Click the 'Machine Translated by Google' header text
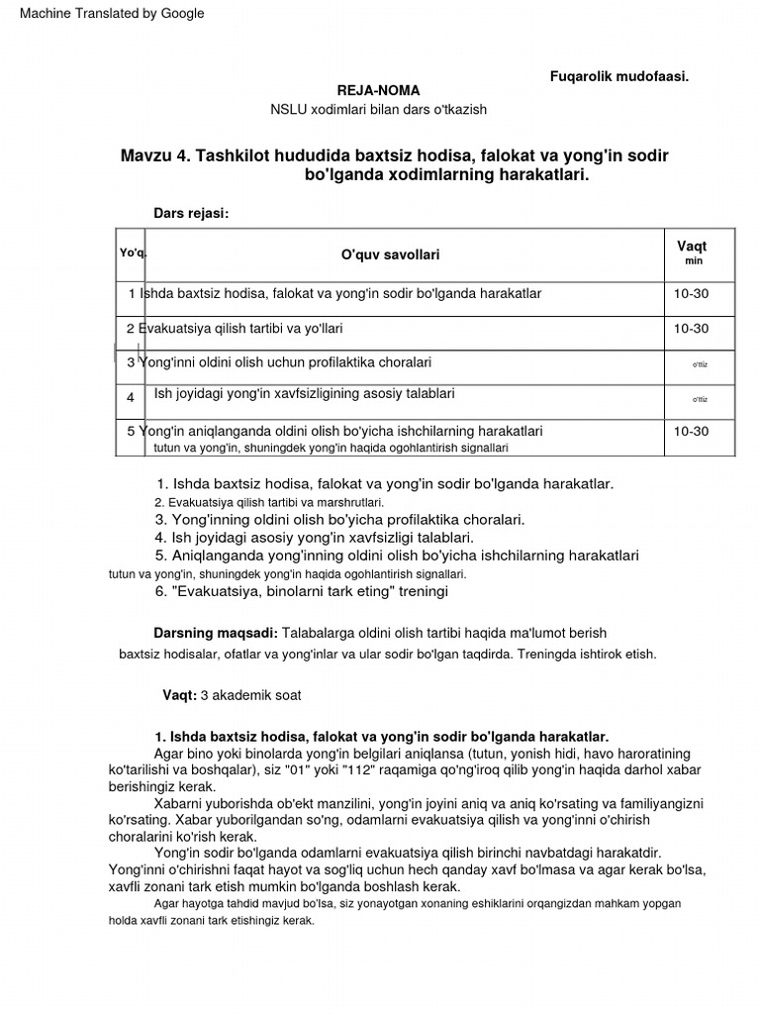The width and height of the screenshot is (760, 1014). coord(113,13)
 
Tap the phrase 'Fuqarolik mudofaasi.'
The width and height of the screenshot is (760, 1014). coord(619,76)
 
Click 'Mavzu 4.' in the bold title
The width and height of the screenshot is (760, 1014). coord(155,156)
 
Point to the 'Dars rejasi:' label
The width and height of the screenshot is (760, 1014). coord(191,213)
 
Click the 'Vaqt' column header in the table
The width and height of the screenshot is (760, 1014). coord(692,247)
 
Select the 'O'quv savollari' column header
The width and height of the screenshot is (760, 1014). coord(390,254)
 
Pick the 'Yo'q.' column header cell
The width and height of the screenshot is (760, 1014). coord(133,253)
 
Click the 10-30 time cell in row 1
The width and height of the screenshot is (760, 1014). coord(692,294)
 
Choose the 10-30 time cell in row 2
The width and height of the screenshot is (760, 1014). coord(692,328)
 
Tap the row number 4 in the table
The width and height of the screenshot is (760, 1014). coord(131,397)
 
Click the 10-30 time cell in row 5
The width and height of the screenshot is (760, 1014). coord(692,431)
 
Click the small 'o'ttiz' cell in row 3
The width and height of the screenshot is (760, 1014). coord(700,364)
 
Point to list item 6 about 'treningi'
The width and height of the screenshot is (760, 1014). coord(302,591)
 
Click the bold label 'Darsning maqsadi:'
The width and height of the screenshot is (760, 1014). coord(216,633)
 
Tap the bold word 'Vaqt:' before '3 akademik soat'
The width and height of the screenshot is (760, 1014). coord(180,695)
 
